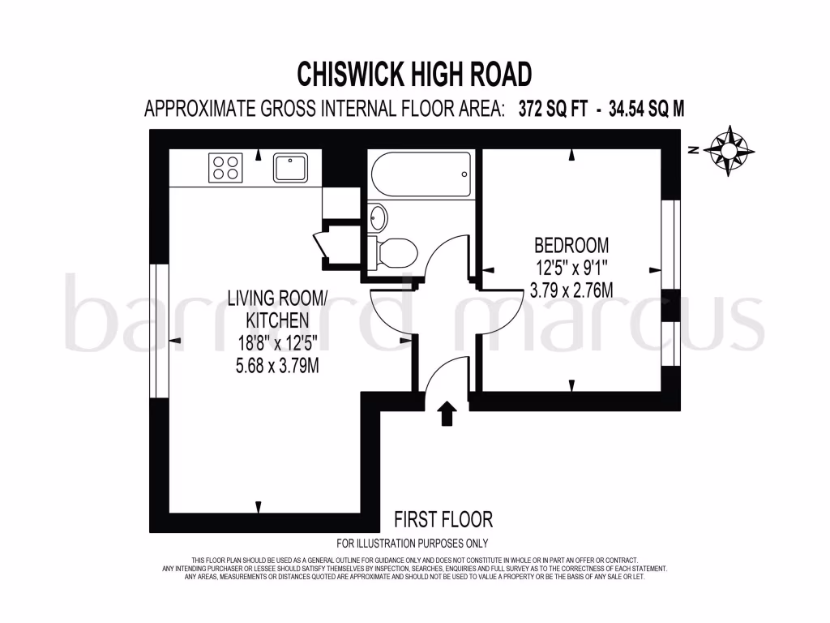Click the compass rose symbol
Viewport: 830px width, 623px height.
click(x=729, y=150)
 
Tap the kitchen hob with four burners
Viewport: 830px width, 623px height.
click(x=226, y=168)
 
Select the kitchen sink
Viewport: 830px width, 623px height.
click(x=289, y=168)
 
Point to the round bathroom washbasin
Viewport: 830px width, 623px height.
click(x=378, y=217)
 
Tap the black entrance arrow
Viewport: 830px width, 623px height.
click(x=447, y=414)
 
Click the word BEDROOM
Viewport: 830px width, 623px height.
click(x=571, y=245)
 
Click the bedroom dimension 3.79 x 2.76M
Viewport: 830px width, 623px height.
click(x=571, y=290)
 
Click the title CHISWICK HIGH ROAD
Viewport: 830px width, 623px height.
click(x=414, y=75)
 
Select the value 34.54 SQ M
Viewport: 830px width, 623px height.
click(x=641, y=110)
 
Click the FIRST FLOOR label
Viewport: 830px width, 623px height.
click(x=443, y=519)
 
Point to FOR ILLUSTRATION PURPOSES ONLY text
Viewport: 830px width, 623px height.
click(x=412, y=544)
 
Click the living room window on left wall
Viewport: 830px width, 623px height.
click(x=158, y=331)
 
